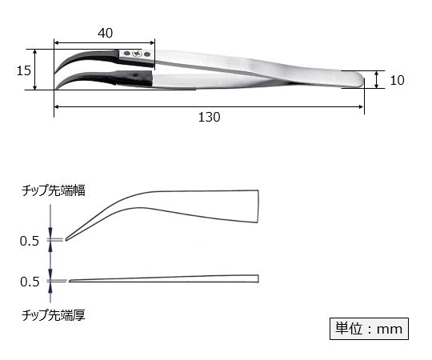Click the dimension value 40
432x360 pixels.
click(105, 32)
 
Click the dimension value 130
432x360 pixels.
click(209, 117)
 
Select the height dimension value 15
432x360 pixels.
click(24, 70)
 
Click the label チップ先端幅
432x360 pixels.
click(54, 191)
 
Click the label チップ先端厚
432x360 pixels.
click(54, 315)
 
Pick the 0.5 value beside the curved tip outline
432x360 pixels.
click(29, 239)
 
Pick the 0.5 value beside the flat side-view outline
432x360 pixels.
click(29, 281)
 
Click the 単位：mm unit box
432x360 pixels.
click(369, 328)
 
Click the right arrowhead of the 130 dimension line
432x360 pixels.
click(362, 105)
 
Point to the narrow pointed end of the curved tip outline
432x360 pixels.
click(67, 238)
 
